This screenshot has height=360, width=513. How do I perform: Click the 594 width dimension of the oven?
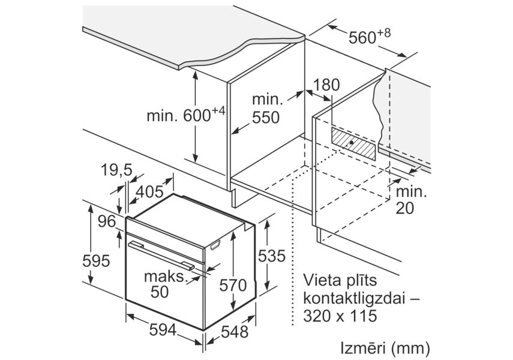point(163,330)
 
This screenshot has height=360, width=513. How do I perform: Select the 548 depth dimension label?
point(235,332)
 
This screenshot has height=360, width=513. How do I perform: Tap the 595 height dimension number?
point(96,261)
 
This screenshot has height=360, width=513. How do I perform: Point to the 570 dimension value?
point(233,285)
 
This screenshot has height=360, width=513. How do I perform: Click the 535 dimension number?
point(272,256)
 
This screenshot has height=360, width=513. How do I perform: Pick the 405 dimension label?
point(149,192)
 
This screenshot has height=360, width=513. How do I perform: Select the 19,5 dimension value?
point(116,170)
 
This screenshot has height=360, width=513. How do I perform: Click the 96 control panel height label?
point(107,222)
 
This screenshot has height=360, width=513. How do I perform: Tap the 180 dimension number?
point(326,85)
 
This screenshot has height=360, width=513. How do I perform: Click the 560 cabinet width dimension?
point(370,36)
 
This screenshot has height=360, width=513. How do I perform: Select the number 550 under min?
point(266,118)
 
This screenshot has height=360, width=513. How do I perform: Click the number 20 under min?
point(405,208)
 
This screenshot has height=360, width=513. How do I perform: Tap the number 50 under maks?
point(160,292)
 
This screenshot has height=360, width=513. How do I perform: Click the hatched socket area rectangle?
point(353,143)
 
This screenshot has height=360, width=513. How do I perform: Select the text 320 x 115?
point(340,316)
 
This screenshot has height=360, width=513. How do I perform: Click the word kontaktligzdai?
point(355,298)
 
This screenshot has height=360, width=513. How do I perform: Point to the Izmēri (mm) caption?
point(385,348)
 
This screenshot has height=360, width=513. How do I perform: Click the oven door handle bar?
point(161,256)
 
